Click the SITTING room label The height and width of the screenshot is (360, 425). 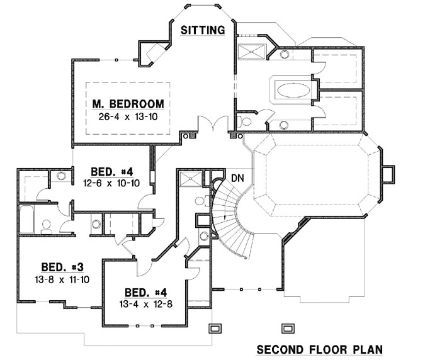pos(203,30)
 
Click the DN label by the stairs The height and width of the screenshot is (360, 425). pos(237,177)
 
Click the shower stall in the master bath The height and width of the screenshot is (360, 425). pos(254,52)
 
